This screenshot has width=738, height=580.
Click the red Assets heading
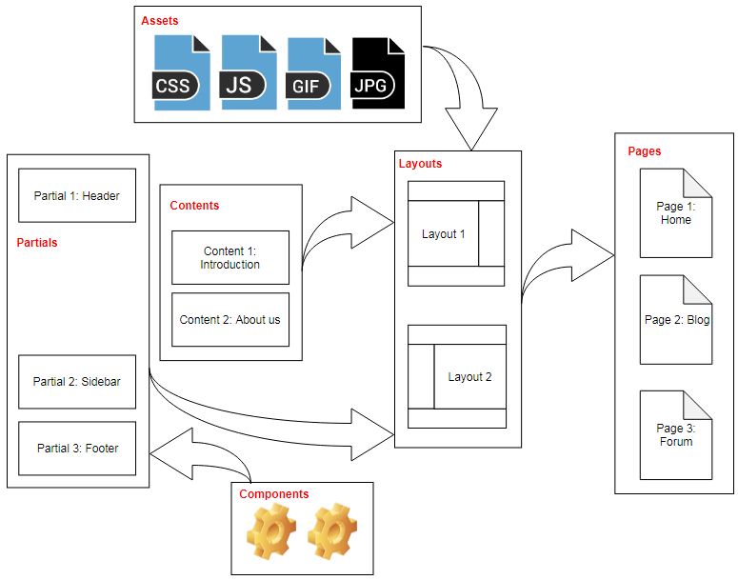click(x=159, y=20)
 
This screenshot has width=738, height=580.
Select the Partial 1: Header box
click(x=77, y=196)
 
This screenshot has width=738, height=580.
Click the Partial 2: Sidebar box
click(x=77, y=382)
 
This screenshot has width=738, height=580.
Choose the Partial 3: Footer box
click(x=77, y=448)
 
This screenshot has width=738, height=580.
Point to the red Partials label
click(x=37, y=243)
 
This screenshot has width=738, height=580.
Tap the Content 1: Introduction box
click(x=229, y=258)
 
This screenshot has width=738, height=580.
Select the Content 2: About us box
click(x=229, y=320)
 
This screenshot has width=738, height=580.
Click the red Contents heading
click(x=194, y=206)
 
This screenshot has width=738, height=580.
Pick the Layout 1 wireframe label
click(x=443, y=234)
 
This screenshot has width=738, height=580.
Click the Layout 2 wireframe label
click(x=469, y=377)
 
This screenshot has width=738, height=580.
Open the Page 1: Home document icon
click(x=675, y=213)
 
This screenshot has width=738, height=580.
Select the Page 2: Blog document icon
click(x=676, y=320)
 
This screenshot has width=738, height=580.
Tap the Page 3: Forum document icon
click(x=675, y=435)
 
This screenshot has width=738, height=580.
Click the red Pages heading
click(x=644, y=151)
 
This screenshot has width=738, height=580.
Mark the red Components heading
click(x=273, y=494)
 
